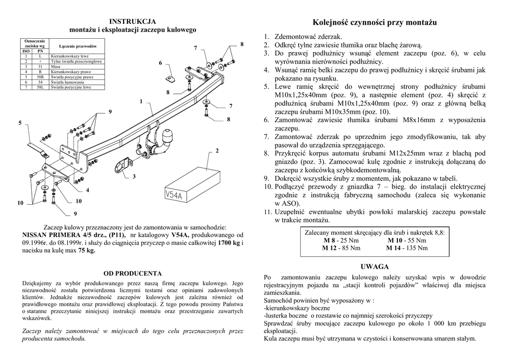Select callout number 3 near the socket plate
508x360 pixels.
coord(133,177)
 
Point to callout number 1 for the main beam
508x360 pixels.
coord(141,102)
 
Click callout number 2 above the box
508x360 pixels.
coord(217,150)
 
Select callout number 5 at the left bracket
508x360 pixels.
coord(20,123)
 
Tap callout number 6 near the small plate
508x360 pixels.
coord(160,64)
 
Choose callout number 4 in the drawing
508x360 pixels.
coord(87,190)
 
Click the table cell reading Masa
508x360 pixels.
coord(56,66)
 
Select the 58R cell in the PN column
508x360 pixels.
coord(40,77)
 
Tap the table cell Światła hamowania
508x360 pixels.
coord(67,82)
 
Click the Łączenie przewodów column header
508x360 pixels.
coord(77,45)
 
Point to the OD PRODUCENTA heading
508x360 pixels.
coord(132,273)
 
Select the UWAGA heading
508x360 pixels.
coord(374,267)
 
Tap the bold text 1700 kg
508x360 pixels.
coord(229,242)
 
